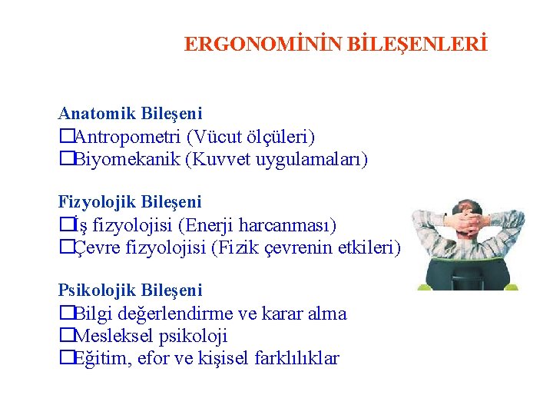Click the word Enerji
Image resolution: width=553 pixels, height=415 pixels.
point(214,225)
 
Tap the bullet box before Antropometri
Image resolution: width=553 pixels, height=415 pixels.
point(65,137)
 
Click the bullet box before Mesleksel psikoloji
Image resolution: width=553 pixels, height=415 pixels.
point(65,337)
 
